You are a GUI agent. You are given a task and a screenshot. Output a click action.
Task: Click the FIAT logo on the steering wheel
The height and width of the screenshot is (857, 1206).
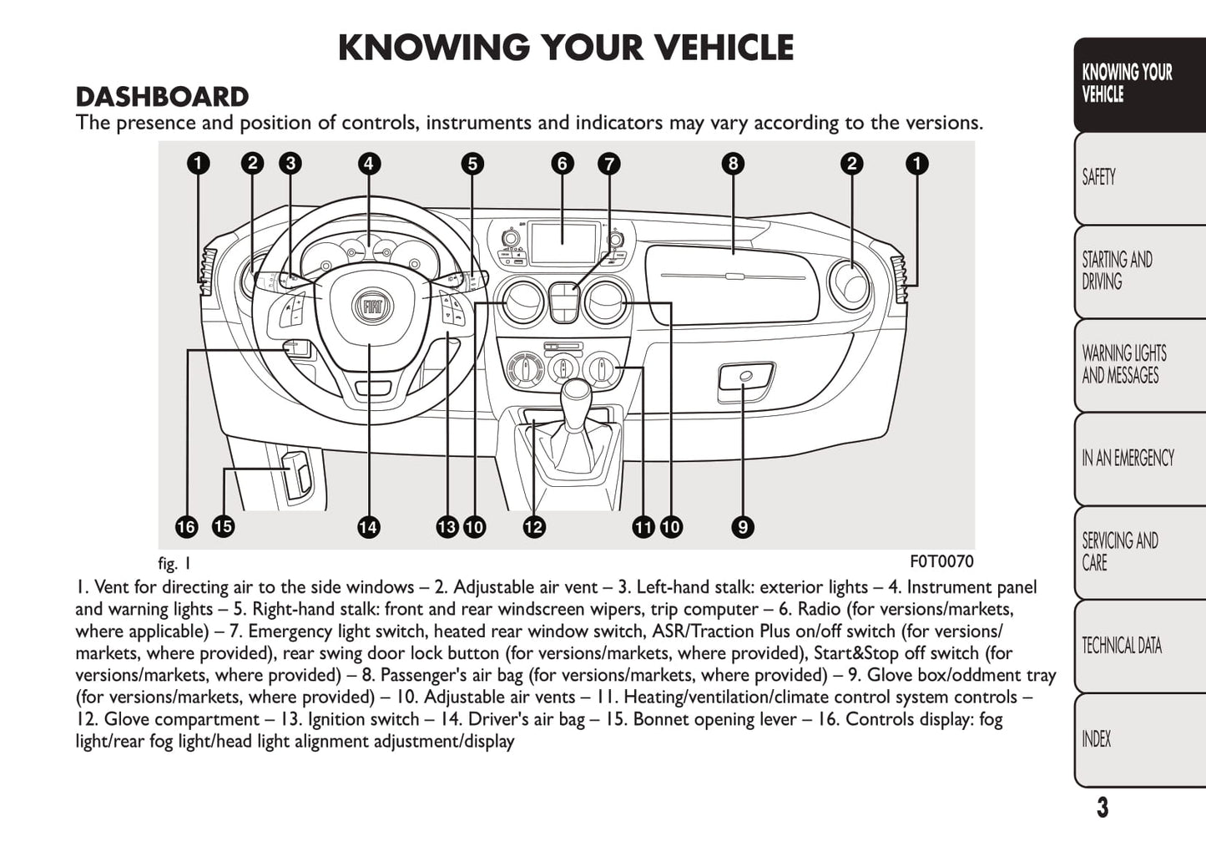tap(371, 307)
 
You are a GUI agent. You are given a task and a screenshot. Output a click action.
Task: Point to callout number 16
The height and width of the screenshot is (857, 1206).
tap(186, 527)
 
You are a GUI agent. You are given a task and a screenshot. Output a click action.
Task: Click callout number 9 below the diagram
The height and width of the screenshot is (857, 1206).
tap(742, 527)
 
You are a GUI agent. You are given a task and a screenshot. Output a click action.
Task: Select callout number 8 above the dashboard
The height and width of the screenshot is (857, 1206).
tap(733, 164)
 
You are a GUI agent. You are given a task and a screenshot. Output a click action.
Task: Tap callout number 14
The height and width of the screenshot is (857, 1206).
tap(368, 527)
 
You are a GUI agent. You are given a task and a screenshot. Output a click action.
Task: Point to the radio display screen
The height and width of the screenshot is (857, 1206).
tap(563, 243)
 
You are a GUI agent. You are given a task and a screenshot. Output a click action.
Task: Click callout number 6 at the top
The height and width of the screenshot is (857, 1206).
tap(562, 164)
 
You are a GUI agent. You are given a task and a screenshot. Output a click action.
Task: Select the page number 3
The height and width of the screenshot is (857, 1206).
tap(1103, 808)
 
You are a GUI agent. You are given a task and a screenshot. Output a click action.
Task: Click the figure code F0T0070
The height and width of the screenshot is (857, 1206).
tap(941, 561)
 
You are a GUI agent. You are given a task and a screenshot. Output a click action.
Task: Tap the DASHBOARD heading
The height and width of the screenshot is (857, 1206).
tap(162, 97)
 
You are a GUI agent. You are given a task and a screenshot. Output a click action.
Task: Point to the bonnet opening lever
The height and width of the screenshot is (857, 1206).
tap(298, 475)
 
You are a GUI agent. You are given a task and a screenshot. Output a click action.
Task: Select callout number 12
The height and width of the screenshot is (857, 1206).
tap(533, 527)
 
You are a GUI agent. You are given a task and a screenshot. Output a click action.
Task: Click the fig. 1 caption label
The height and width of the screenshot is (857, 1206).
tap(174, 563)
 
